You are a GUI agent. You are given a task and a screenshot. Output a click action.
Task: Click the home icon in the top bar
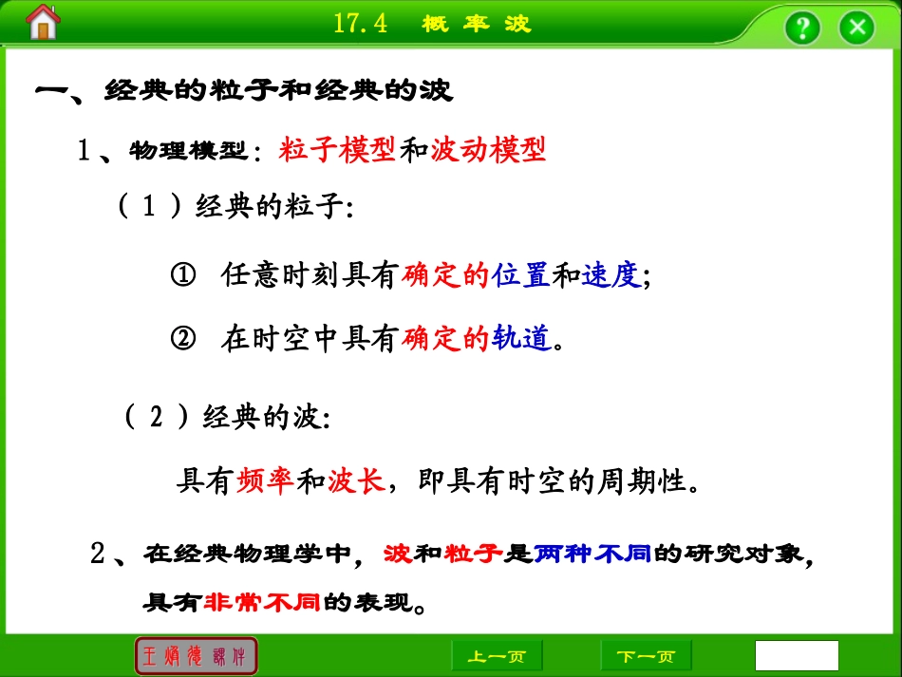pyautogui.click(x=43, y=23)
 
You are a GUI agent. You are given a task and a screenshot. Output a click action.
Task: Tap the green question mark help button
pyautogui.click(x=802, y=27)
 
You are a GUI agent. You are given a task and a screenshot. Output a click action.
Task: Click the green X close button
pyautogui.click(x=857, y=27)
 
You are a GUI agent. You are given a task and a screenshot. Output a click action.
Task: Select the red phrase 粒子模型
pyautogui.click(x=337, y=150)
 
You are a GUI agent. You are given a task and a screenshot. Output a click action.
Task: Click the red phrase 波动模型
pyautogui.click(x=488, y=150)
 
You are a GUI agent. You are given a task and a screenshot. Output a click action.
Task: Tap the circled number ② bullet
pyautogui.click(x=182, y=338)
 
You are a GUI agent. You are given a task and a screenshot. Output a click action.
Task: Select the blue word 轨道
pyautogui.click(x=521, y=338)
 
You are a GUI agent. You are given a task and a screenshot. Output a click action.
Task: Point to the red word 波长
pyautogui.click(x=356, y=482)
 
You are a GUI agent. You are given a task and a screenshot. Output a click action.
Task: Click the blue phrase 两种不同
pyautogui.click(x=592, y=554)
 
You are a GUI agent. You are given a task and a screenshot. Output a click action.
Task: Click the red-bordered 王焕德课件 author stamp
pyautogui.click(x=197, y=656)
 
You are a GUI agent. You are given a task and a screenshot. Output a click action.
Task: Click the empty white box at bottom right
pyautogui.click(x=797, y=655)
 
